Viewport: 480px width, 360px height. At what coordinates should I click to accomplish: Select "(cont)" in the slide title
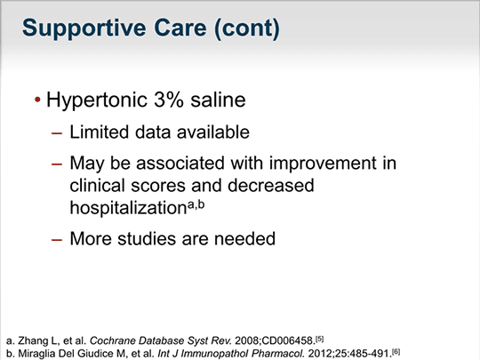click(x=247, y=29)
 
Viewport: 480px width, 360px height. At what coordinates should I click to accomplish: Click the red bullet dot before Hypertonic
click(x=37, y=100)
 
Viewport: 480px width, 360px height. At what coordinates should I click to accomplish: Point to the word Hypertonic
click(x=97, y=100)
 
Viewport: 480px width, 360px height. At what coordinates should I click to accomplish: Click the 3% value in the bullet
click(x=169, y=100)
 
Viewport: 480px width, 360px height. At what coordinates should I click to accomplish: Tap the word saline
click(x=218, y=100)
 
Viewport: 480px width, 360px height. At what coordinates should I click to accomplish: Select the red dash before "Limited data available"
click(x=57, y=133)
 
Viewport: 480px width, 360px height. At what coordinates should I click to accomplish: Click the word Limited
click(x=100, y=132)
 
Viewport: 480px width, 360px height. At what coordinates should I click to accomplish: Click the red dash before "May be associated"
click(x=57, y=164)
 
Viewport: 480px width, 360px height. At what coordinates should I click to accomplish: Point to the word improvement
click(x=323, y=164)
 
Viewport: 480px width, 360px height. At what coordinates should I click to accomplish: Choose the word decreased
click(x=271, y=185)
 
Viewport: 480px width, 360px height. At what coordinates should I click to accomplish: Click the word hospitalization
click(x=128, y=208)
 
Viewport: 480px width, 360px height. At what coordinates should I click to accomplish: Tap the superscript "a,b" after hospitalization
click(x=196, y=204)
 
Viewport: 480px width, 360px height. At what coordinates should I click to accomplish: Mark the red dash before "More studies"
click(x=57, y=240)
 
